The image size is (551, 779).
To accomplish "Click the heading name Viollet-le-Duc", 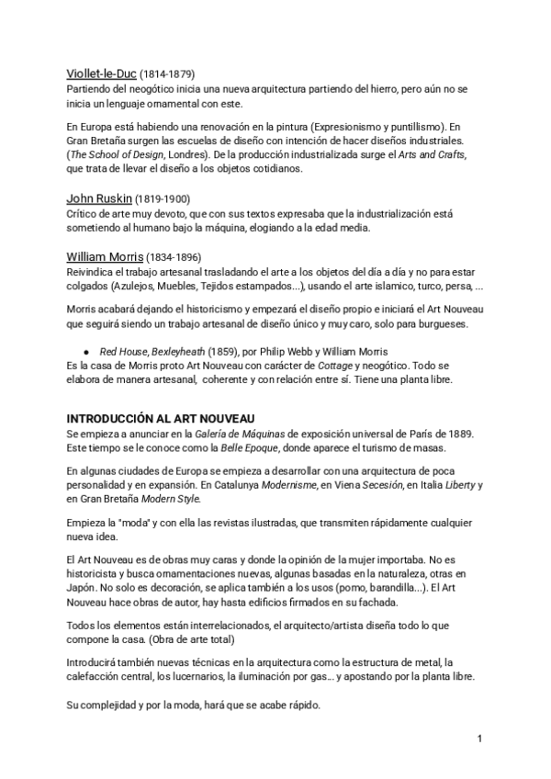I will pos(101,73).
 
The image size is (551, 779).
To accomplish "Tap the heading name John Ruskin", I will pos(99,198).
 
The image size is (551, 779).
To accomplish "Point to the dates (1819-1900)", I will pos(163,199).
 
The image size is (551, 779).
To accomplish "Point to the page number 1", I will pos(480,739).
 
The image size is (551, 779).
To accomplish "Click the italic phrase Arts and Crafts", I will pos(442,153).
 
